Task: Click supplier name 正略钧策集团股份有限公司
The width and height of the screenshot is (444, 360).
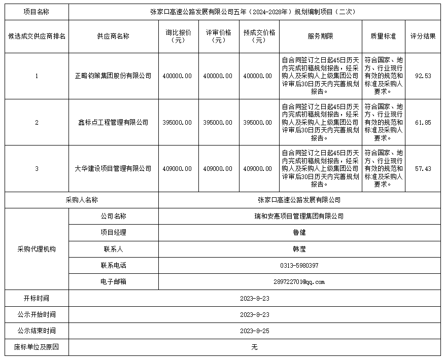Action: point(113,76)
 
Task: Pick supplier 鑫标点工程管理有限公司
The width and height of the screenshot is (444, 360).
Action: point(113,122)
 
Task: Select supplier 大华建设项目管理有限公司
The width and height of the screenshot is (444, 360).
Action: point(113,168)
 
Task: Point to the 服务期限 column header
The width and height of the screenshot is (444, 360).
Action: point(320,36)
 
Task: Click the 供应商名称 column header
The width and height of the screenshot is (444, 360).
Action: point(113,36)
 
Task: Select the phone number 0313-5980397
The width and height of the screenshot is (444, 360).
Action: point(299,265)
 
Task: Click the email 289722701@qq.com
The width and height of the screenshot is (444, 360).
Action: point(299,281)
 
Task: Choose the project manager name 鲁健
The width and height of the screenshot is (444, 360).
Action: point(299,232)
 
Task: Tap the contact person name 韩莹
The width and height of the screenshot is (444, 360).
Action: point(299,249)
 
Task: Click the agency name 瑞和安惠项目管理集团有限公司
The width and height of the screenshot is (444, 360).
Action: point(299,216)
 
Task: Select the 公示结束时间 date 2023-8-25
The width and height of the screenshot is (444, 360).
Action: point(255,331)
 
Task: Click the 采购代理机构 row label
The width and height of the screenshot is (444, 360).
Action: point(37,249)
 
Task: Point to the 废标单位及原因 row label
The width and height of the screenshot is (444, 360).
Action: point(37,347)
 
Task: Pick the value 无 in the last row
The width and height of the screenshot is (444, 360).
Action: point(255,347)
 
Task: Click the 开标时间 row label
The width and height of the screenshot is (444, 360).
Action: point(37,298)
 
